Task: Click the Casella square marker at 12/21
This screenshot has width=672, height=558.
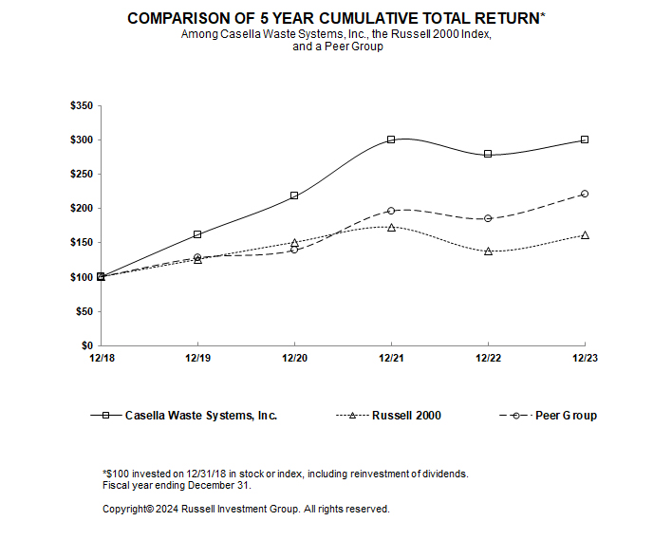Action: tap(391, 139)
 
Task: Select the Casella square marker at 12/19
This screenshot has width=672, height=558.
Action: tap(197, 234)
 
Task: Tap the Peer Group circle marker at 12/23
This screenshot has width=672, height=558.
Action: tap(585, 194)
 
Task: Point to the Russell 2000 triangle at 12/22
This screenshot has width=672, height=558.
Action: tap(488, 251)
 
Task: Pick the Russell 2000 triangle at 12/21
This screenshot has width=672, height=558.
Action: tap(391, 227)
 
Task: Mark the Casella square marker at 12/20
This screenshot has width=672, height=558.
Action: tap(294, 195)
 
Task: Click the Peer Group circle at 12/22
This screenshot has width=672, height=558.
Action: tap(488, 218)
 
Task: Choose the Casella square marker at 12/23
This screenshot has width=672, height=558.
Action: tap(585, 139)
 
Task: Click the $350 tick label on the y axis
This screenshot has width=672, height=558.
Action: tap(81, 106)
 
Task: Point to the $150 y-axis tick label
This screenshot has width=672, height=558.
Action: tap(81, 243)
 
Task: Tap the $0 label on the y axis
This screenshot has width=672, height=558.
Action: tap(86, 345)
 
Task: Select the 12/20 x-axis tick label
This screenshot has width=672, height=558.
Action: tap(294, 360)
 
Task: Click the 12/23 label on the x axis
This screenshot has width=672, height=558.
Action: tap(585, 360)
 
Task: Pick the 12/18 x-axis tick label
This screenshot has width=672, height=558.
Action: tap(101, 360)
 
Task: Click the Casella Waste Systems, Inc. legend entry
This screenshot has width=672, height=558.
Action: tap(200, 416)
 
